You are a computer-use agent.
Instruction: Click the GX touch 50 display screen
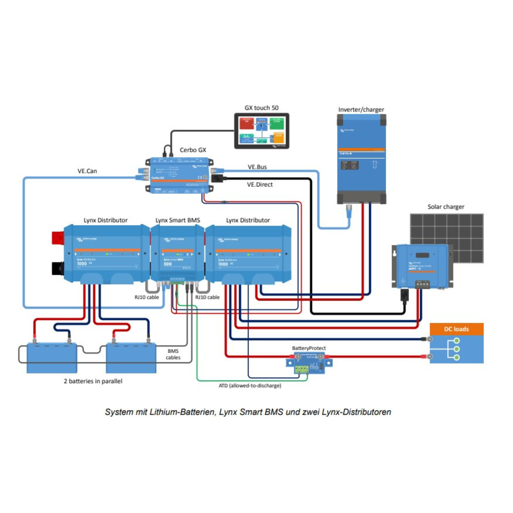(x=262, y=131)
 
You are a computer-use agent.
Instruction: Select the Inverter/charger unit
(x=361, y=159)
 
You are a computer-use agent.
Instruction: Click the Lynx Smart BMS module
(x=177, y=254)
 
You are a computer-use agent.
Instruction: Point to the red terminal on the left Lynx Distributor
(x=58, y=238)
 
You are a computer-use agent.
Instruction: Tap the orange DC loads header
(x=457, y=329)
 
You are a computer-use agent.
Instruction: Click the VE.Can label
(x=87, y=171)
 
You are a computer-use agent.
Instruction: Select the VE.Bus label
(x=257, y=167)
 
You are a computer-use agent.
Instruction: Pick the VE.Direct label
(x=260, y=184)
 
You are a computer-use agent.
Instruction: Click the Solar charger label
(x=446, y=206)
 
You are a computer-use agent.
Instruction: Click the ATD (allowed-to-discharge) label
(x=250, y=386)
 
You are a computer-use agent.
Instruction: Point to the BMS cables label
(x=173, y=354)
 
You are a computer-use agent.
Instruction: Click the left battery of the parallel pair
(x=52, y=359)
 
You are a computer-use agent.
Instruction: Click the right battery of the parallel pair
(x=131, y=359)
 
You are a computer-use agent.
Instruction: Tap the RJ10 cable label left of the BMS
(x=146, y=297)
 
